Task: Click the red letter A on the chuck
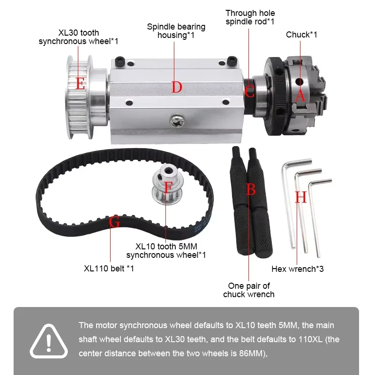(301, 96)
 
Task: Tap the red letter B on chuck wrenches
(251, 189)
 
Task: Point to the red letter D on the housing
(176, 87)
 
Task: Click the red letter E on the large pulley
(81, 84)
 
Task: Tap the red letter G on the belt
(114, 222)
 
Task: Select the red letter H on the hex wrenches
(300, 197)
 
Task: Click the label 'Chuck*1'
(301, 35)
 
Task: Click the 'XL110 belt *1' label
(109, 269)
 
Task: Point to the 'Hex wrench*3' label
(298, 269)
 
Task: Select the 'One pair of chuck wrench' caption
(248, 290)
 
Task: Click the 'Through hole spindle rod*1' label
(250, 17)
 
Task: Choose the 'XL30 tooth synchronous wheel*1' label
(78, 37)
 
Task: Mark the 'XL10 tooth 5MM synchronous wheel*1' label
(166, 250)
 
